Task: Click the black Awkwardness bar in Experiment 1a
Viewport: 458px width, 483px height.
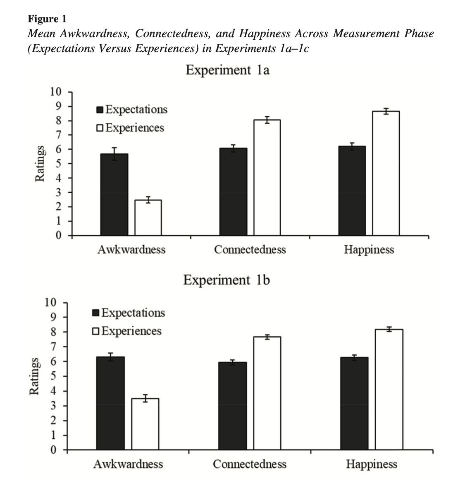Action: [x=114, y=194]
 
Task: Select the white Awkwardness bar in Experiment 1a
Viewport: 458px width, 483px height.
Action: [x=148, y=218]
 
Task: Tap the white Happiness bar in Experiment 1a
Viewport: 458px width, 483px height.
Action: [x=386, y=173]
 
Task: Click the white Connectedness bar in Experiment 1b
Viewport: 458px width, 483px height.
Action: [x=267, y=393]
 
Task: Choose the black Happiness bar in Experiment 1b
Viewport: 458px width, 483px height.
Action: [x=354, y=403]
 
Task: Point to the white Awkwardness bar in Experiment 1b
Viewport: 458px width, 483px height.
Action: [x=145, y=424]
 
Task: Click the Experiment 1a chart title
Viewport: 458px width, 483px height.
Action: [x=227, y=70]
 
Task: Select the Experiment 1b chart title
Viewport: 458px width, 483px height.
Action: [x=227, y=280]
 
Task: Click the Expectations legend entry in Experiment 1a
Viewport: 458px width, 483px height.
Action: [x=132, y=110]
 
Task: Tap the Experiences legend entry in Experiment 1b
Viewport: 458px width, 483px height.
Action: [x=128, y=331]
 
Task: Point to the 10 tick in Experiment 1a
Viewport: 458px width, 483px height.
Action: [x=55, y=92]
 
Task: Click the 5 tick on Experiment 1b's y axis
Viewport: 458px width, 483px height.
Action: [x=53, y=376]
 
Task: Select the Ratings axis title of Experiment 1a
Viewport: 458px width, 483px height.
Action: [x=40, y=163]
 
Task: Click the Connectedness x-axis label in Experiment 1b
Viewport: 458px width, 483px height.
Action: [x=249, y=464]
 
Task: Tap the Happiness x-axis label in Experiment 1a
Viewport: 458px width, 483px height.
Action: [x=369, y=250]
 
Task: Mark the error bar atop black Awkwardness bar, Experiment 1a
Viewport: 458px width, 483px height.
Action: [x=114, y=153]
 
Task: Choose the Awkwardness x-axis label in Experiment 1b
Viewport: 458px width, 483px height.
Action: [x=128, y=464]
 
